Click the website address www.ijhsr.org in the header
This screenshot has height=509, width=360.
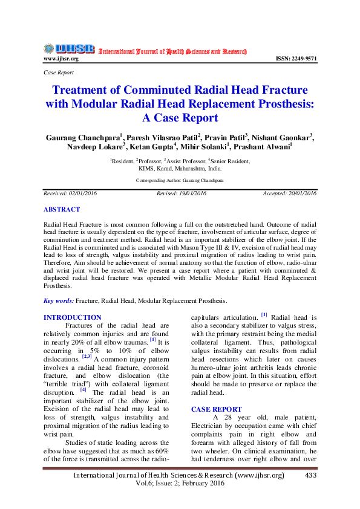[61, 59]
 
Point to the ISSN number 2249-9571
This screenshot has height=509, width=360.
[296, 59]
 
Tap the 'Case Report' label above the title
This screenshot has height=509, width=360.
[59, 73]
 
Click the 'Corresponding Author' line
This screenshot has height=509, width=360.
[179, 180]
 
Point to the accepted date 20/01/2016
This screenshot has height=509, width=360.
[301, 193]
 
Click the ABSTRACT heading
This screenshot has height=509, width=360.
[61, 209]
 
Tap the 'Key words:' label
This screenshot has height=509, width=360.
[59, 300]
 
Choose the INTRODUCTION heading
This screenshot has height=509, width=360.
[73, 317]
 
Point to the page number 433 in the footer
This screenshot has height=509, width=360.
[311, 476]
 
